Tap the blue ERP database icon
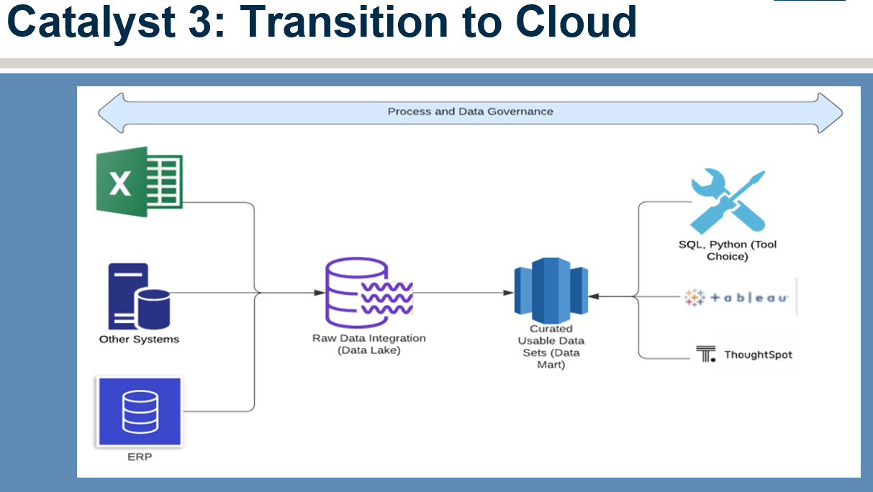tap(140, 411)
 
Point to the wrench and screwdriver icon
tap(728, 200)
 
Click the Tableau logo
tap(737, 297)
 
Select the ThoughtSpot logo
tap(744, 355)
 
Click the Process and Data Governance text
tap(470, 111)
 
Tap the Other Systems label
tap(139, 339)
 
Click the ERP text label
tap(140, 457)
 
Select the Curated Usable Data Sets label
tap(551, 347)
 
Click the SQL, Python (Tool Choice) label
tap(728, 250)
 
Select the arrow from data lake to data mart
tap(461, 293)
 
